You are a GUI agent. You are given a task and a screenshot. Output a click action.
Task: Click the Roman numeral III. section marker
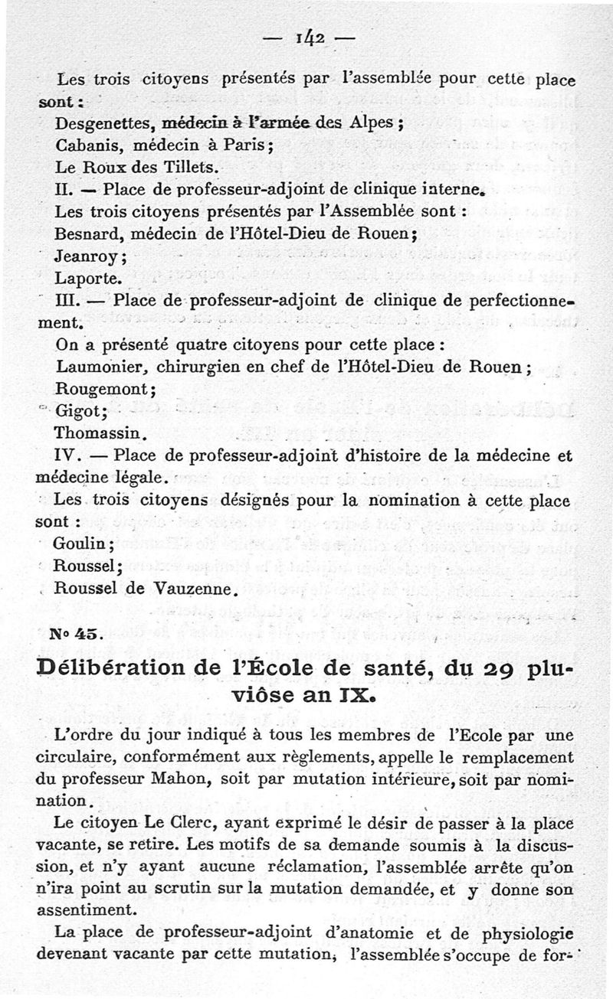[70, 299]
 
